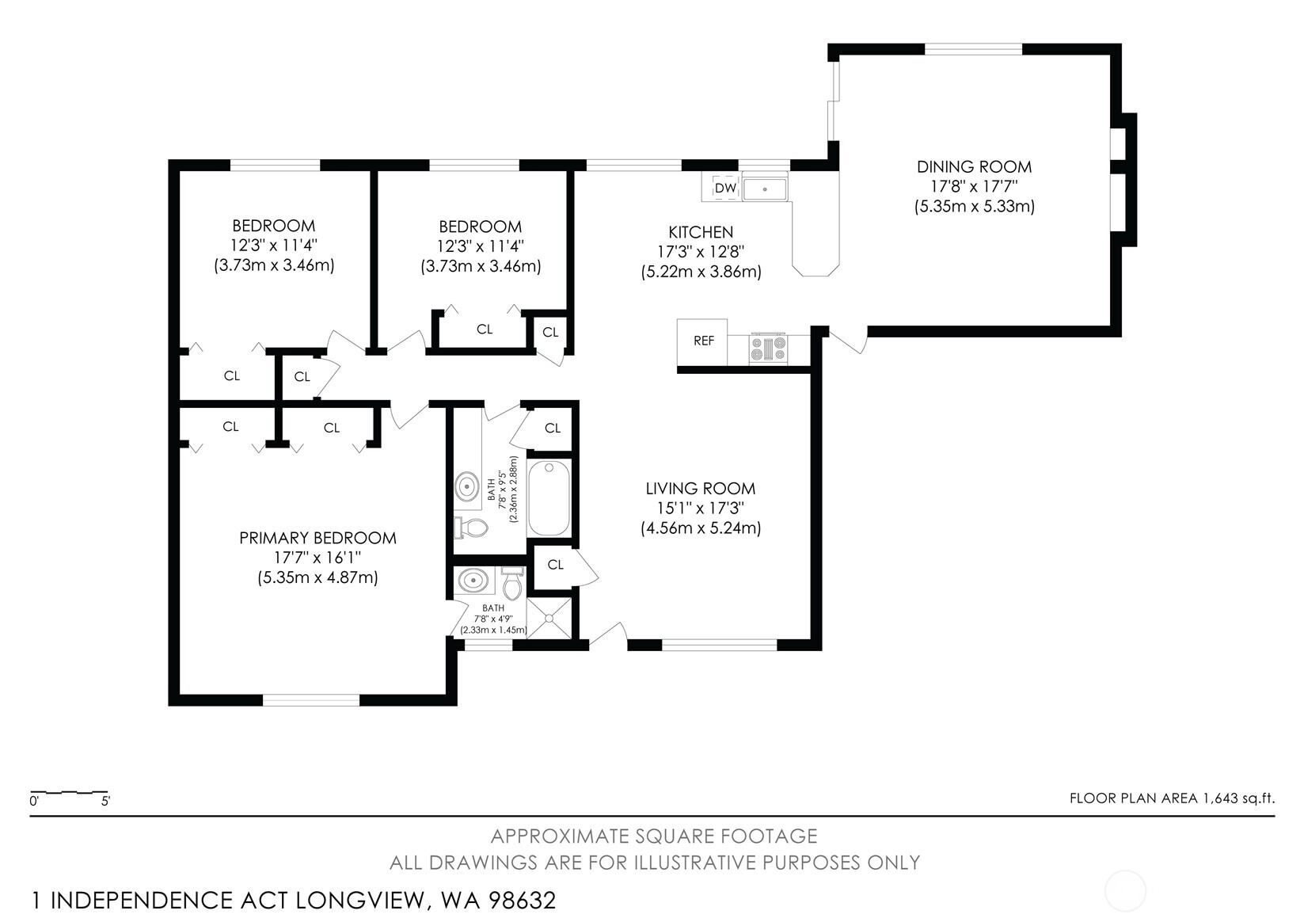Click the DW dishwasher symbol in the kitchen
tap(725, 189)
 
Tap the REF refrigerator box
tap(703, 341)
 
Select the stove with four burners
tap(768, 349)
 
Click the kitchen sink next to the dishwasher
tap(764, 189)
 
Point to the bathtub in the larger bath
tap(548, 499)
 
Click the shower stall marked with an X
tap(549, 619)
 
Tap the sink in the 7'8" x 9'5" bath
tap(467, 485)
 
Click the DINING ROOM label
tap(974, 167)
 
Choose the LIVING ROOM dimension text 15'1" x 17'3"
tap(700, 509)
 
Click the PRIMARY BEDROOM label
tap(317, 539)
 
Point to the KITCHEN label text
tap(701, 232)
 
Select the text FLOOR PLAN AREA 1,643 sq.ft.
tap(1172, 798)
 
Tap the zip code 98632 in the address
tap(522, 901)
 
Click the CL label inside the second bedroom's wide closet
tap(485, 330)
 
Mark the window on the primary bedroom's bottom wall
tap(310, 700)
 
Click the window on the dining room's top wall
tap(973, 49)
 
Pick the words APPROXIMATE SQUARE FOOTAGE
tap(653, 836)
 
